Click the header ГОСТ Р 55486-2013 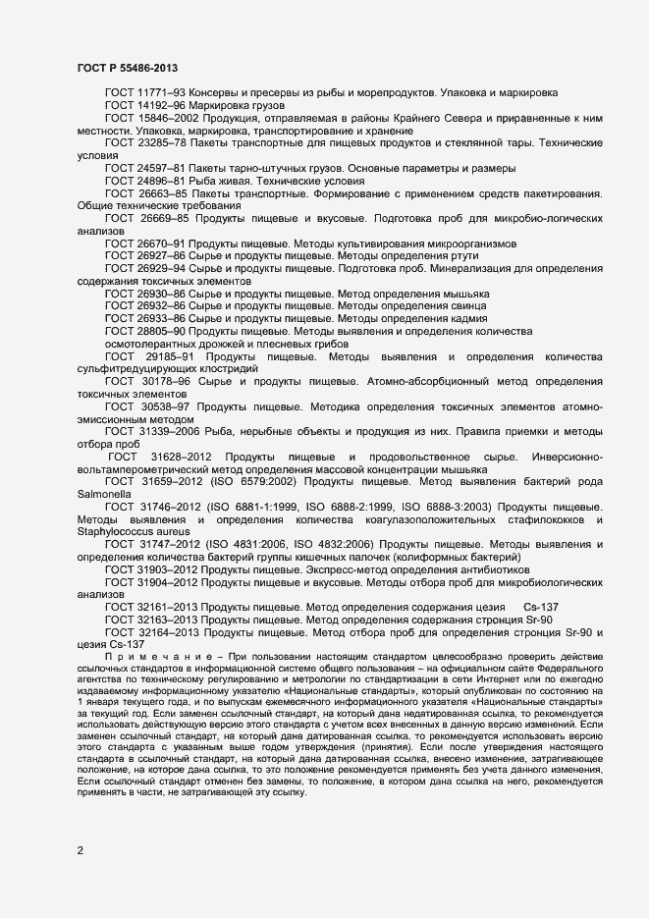click(x=127, y=68)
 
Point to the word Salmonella click(x=104, y=495)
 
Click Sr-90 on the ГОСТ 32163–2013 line click(x=527, y=621)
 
